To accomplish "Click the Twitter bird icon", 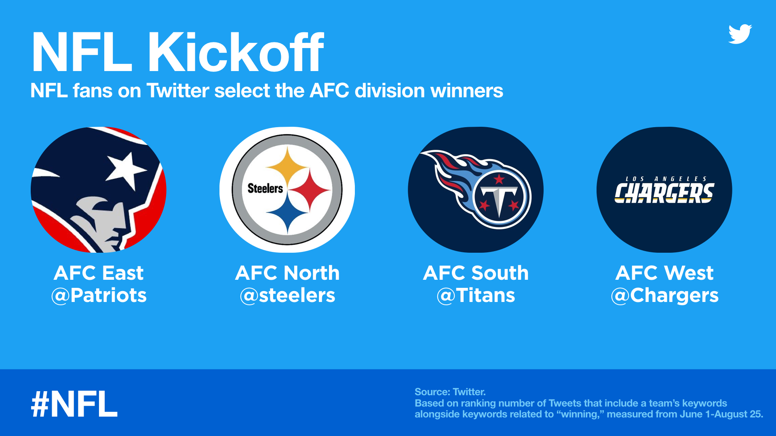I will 740,34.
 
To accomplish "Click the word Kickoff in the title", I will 235,52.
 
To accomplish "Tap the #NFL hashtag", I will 74,404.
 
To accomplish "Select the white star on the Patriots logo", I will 126,170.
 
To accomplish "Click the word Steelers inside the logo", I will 265,189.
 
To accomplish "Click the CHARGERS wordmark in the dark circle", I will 664,193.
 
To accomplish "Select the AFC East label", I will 99,273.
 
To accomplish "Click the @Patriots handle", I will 99,296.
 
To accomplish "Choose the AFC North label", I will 287,273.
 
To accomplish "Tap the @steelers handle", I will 287,296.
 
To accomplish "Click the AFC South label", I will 476,273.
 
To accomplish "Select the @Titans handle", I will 476,296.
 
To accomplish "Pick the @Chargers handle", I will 664,296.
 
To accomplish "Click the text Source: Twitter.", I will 450,392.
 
